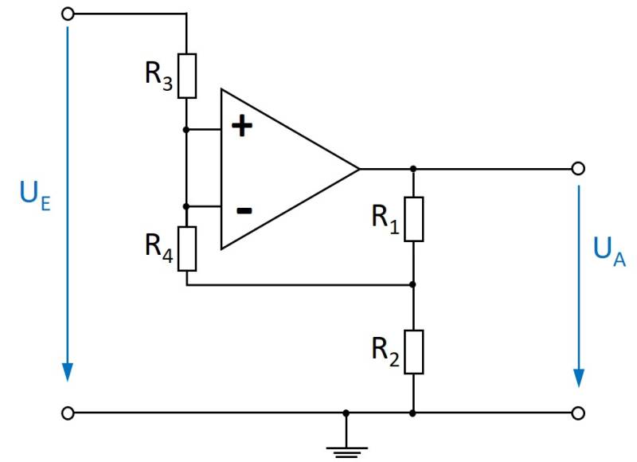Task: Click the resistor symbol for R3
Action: [186, 76]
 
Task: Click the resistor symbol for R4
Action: [186, 248]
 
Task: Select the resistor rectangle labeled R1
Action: [413, 218]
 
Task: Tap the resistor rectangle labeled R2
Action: [413, 351]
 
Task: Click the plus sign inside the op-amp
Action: [240, 127]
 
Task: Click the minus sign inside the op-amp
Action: [244, 210]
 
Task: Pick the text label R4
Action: [158, 245]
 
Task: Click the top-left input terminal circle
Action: [68, 14]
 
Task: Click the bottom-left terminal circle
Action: [68, 413]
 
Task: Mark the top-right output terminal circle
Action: [579, 169]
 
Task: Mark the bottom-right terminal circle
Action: [579, 413]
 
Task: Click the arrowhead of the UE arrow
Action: [68, 372]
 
